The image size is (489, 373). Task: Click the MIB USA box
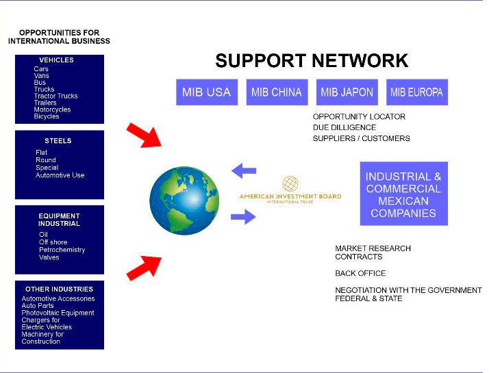tap(206, 92)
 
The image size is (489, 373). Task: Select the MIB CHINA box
tap(277, 92)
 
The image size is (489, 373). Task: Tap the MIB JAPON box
tap(347, 92)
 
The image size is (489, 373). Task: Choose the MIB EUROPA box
tap(416, 92)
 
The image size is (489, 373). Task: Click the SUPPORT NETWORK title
tap(312, 61)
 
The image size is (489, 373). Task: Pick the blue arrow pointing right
tap(243, 218)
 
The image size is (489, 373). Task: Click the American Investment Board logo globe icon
tap(290, 184)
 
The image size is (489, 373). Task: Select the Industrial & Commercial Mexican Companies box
tap(403, 194)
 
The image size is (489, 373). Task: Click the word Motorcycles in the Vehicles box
tap(52, 110)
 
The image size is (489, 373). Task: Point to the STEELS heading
tap(58, 141)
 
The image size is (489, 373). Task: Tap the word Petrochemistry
tap(62, 250)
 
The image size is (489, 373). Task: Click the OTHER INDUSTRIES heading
tap(59, 289)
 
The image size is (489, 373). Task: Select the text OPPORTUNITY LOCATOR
tap(359, 116)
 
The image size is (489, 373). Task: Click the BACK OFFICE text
tap(360, 274)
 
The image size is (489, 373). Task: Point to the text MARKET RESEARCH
tap(373, 248)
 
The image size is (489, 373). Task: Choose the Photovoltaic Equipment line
tap(58, 313)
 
